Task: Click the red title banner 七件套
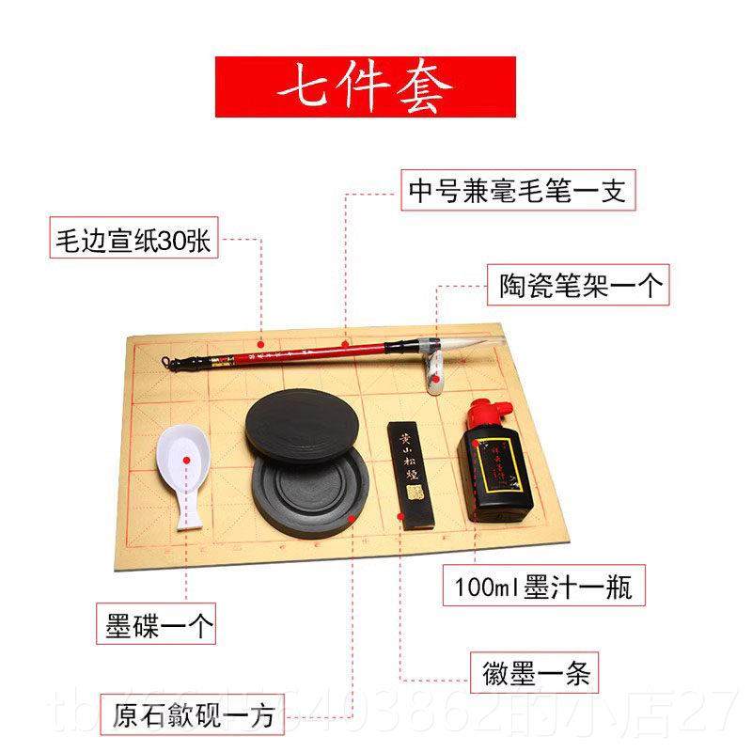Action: [365, 87]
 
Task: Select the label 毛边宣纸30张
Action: [133, 240]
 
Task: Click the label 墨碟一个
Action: [155, 621]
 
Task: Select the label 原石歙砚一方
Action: [192, 717]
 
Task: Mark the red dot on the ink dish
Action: [187, 461]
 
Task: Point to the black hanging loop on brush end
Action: [169, 362]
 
